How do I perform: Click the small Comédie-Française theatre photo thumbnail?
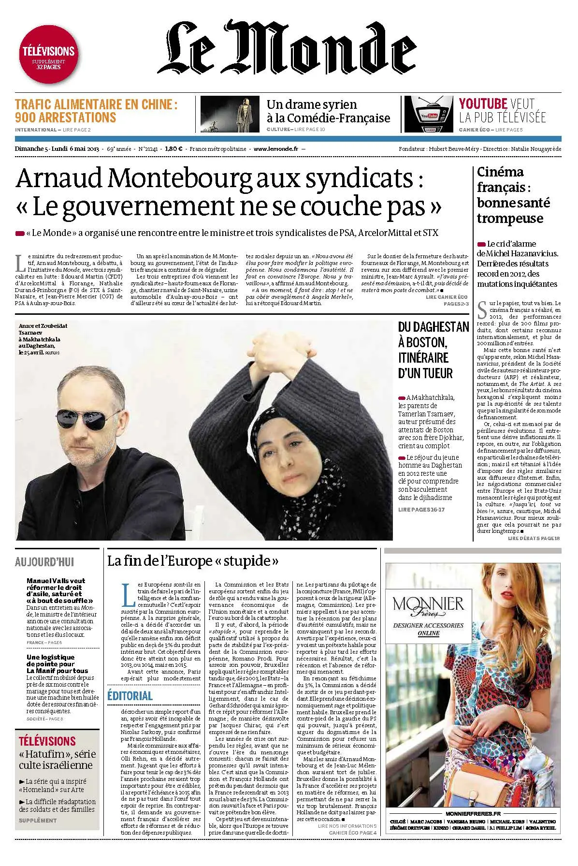[x=231, y=115]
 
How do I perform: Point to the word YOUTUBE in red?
[x=482, y=103]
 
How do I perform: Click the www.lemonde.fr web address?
[x=275, y=149]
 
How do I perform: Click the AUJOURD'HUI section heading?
[x=44, y=562]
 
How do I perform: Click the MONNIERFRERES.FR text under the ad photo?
[x=472, y=814]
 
